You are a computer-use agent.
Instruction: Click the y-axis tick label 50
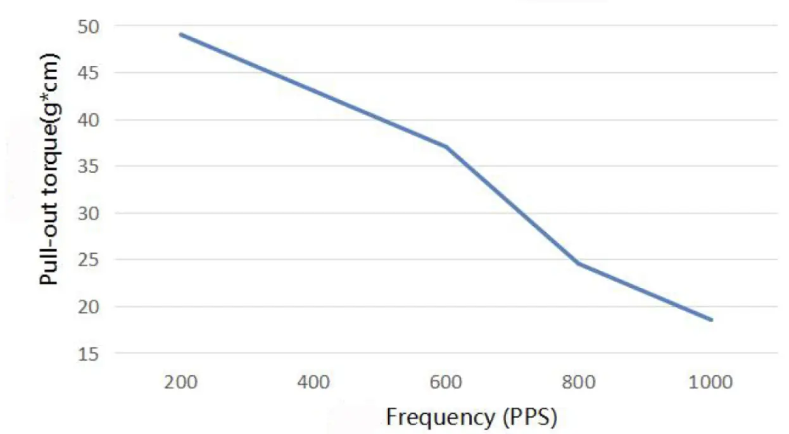coord(88,27)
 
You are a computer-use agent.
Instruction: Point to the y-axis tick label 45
coord(88,73)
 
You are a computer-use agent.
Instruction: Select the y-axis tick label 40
coord(88,120)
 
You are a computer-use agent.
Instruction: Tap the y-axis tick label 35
coord(88,167)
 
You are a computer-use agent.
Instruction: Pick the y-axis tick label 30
coord(88,214)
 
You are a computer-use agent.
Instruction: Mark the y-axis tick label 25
coord(88,260)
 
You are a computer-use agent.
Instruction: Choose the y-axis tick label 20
coord(88,307)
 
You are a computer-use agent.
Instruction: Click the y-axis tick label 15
coord(88,354)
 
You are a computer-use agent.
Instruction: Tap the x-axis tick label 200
coord(180,383)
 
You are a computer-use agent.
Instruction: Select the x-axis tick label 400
coord(313,383)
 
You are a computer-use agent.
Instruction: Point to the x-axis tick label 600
coord(446,383)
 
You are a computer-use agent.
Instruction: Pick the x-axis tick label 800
coord(579,383)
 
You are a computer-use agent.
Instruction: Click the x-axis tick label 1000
coord(712,383)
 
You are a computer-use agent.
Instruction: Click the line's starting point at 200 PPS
coord(180,34)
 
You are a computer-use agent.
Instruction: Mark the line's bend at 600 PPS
coord(446,147)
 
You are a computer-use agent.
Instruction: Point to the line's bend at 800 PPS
coord(579,263)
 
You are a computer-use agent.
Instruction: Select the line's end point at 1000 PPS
coord(712,320)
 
